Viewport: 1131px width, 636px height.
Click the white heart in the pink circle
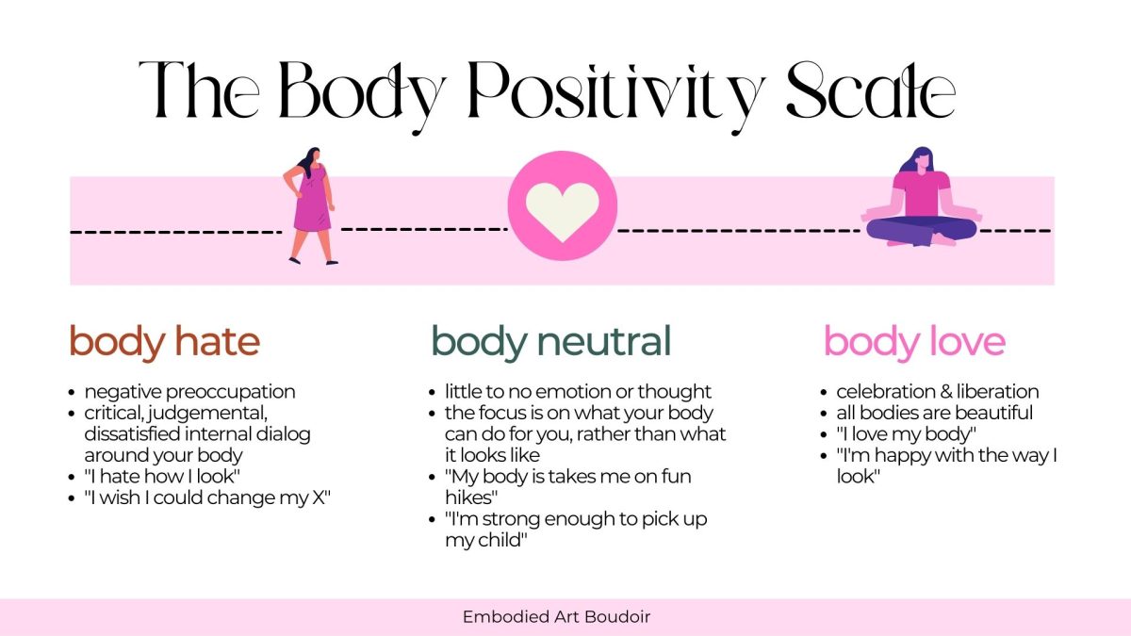563,211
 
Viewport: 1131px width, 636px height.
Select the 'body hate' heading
165,342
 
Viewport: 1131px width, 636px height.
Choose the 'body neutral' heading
551,342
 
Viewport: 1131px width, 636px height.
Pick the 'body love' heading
914,342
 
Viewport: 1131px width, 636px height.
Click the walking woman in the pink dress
310,206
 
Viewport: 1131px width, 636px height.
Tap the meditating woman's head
921,159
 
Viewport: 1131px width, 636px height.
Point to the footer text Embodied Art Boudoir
556,616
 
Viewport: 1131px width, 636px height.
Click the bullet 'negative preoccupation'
189,392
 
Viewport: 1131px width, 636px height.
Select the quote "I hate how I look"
162,476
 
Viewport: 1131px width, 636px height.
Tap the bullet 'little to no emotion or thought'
578,392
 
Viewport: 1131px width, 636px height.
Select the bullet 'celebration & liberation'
938,392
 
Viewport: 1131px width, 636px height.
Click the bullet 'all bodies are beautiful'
935,413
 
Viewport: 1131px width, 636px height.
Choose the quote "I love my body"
907,434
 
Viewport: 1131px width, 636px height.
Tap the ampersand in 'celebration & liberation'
945,392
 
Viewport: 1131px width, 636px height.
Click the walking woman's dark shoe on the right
332,262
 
